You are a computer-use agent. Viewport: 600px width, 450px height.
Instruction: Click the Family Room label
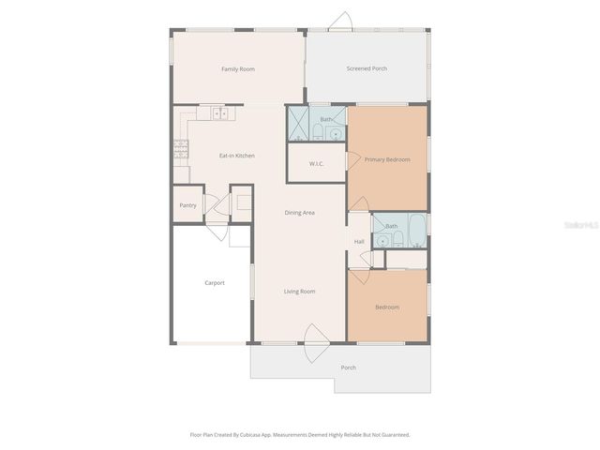click(237, 69)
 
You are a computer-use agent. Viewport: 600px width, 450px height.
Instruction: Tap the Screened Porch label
click(367, 68)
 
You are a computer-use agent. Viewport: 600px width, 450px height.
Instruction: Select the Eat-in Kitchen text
click(236, 156)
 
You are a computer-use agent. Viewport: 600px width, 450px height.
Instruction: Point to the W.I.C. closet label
click(317, 164)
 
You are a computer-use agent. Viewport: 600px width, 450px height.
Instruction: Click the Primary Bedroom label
click(387, 159)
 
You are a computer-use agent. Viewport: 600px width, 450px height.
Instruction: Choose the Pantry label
click(187, 204)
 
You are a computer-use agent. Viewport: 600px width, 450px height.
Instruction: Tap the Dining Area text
click(299, 213)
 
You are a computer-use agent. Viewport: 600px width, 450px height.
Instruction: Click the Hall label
click(359, 242)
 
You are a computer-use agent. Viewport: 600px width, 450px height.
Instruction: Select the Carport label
click(215, 282)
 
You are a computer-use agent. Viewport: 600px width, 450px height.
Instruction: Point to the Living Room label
click(299, 292)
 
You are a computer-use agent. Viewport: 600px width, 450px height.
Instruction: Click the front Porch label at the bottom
click(348, 367)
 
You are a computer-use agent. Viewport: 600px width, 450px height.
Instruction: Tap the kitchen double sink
click(220, 113)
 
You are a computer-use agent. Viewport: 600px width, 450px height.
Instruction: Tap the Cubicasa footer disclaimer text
click(300, 435)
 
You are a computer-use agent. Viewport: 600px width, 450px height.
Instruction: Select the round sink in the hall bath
click(382, 242)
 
